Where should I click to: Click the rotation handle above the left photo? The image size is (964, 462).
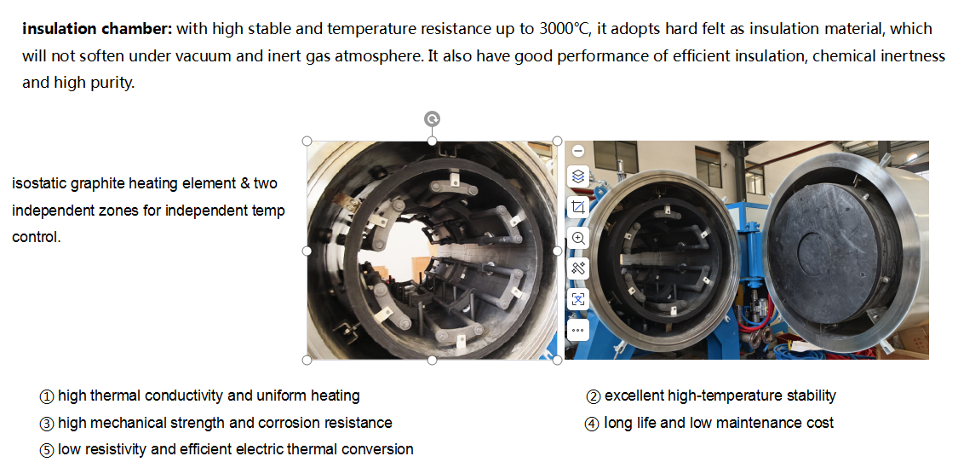coord(433,118)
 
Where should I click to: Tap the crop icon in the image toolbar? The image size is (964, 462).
coord(578,207)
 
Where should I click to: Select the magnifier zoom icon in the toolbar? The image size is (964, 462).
coord(578,238)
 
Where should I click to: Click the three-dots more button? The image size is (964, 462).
coord(578,330)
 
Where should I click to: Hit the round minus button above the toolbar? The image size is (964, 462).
coord(578,151)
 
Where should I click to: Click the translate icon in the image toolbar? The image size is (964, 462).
coord(578,299)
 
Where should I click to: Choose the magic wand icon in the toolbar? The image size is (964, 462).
coord(578,269)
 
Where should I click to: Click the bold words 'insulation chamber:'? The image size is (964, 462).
coord(97,29)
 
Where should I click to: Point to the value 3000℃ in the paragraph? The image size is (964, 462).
coord(564,29)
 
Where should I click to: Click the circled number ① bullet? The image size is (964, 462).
coord(47,396)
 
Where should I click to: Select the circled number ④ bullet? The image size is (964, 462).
coord(592,424)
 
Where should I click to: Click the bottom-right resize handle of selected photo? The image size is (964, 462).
coord(557,361)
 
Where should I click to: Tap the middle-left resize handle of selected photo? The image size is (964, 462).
coord(307,251)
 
